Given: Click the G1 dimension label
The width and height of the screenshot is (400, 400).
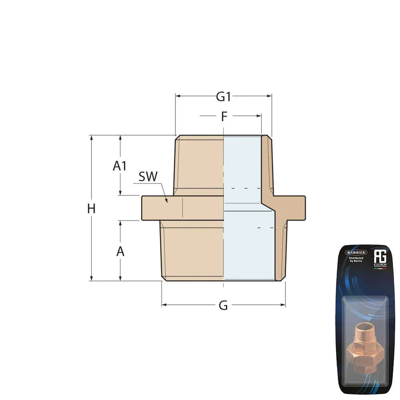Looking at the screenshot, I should tap(223, 97).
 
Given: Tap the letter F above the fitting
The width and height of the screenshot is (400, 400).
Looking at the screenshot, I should tap(224, 117).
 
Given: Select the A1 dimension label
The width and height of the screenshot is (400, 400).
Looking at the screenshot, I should tap(120, 166).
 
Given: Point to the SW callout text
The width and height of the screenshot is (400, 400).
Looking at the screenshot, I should tap(148, 177).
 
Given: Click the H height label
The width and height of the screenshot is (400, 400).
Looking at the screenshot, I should tap(92, 209).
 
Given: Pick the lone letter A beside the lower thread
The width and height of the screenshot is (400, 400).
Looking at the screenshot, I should tap(120, 251).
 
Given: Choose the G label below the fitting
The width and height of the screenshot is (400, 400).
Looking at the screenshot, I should tap(223, 306).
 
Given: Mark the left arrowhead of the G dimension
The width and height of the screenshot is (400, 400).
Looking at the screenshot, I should tap(164, 305).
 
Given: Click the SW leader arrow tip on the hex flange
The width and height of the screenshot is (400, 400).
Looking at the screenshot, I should tap(166, 201).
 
